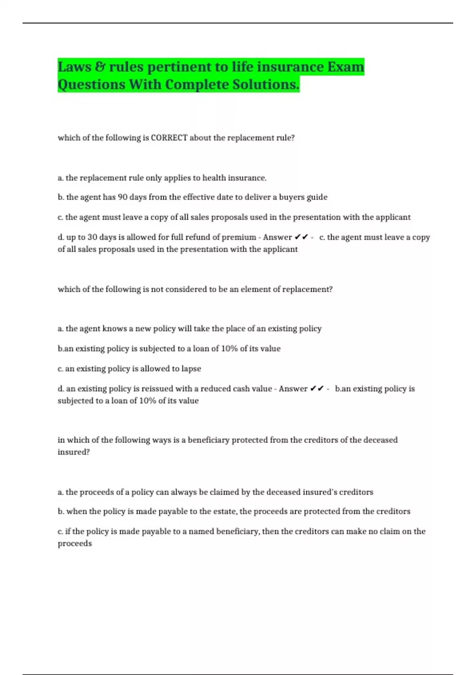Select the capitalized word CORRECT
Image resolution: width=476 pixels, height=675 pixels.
169,138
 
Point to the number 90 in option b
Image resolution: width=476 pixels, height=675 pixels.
123,197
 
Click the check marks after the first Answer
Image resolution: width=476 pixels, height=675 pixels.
301,237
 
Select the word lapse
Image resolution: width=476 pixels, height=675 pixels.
191,369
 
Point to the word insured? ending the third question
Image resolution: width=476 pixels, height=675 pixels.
74,452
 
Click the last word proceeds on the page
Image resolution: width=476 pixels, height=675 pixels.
75,544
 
